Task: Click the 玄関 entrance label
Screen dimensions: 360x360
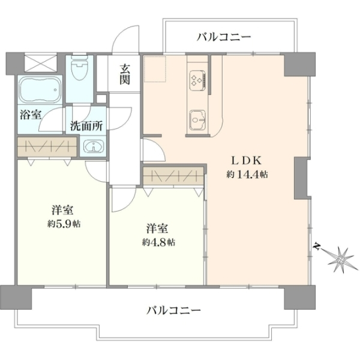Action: pyautogui.click(x=125, y=74)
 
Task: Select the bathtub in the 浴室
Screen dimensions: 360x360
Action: pyautogui.click(x=40, y=90)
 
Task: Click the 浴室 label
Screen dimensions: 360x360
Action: pyautogui.click(x=31, y=115)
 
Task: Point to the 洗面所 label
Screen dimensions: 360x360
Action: pyautogui.click(x=86, y=125)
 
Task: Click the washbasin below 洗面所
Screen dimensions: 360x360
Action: pyautogui.click(x=94, y=146)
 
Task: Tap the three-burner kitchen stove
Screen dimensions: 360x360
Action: pyautogui.click(x=197, y=80)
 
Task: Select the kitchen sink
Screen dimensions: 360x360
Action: pyautogui.click(x=197, y=119)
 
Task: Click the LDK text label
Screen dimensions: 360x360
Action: pyautogui.click(x=246, y=161)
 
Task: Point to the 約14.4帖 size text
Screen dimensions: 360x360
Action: pyautogui.click(x=247, y=175)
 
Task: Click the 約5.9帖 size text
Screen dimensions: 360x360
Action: pyautogui.click(x=64, y=224)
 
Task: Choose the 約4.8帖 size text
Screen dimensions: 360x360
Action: pyautogui.click(x=158, y=242)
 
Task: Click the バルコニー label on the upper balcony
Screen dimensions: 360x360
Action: pyautogui.click(x=224, y=37)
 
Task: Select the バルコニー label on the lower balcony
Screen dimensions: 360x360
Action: pyautogui.click(x=173, y=311)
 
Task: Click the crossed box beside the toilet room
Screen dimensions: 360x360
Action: pyautogui.click(x=41, y=62)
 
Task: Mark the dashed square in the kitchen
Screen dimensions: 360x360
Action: pyautogui.click(x=155, y=68)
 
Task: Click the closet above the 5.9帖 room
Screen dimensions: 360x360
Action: pyautogui.click(x=47, y=147)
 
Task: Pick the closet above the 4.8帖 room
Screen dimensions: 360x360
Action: pyautogui.click(x=173, y=176)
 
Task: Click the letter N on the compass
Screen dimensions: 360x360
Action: pyautogui.click(x=317, y=247)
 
